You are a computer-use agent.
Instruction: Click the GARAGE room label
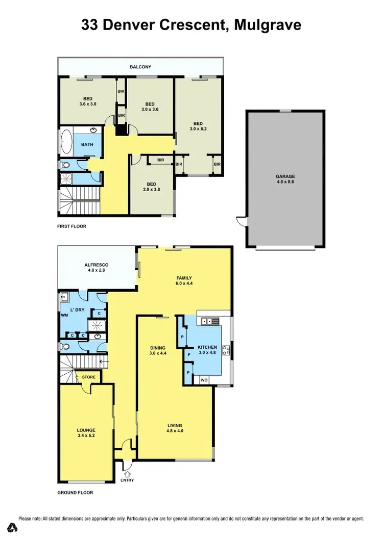coord(285,177)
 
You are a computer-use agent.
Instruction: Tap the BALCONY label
coord(140,67)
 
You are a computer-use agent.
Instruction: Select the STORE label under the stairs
coord(88,378)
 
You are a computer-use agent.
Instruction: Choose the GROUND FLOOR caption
coord(75,493)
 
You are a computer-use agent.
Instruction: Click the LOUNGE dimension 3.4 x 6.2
coord(86,436)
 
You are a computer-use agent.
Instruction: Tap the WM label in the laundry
coord(64,315)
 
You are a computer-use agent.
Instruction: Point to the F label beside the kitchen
coord(189,354)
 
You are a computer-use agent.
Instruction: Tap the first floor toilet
coord(65,165)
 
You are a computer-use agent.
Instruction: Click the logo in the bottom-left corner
coord(11,527)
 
